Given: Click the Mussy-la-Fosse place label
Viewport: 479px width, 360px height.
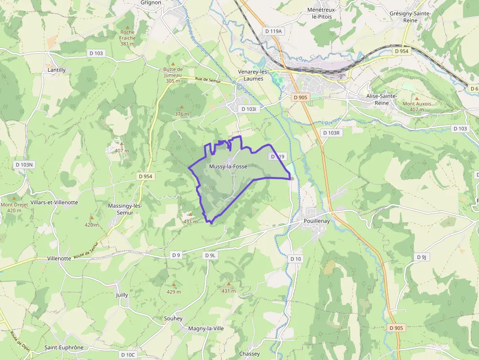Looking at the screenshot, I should click(x=228, y=167).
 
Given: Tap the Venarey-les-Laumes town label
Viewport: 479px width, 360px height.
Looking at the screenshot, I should click(x=254, y=75).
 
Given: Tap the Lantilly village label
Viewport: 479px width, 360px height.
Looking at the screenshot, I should click(x=57, y=70).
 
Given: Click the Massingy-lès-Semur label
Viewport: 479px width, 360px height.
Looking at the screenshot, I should click(x=125, y=209).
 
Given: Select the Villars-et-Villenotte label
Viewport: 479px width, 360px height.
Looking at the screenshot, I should click(x=54, y=202).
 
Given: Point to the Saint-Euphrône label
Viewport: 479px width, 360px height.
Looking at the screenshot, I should click(x=64, y=348).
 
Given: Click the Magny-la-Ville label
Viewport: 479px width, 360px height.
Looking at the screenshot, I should click(x=206, y=328).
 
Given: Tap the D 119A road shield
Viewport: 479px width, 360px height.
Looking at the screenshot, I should click(x=273, y=31).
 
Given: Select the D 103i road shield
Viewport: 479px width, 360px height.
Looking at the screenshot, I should click(x=249, y=109).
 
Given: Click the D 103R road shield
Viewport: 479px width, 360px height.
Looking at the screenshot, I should click(x=331, y=133).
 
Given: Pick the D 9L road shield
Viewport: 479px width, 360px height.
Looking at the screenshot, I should click(x=210, y=255).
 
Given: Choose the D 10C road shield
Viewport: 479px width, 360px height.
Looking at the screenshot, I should click(x=128, y=355).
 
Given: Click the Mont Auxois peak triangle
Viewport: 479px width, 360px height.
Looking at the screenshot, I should click(x=416, y=98).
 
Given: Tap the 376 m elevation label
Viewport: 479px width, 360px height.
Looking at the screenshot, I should click(x=182, y=114).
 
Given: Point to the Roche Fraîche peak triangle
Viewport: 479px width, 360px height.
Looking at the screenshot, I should click(x=128, y=27).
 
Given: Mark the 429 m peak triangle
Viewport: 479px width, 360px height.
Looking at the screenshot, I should click(x=174, y=284).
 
